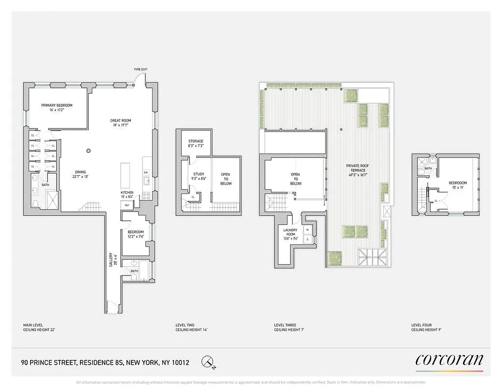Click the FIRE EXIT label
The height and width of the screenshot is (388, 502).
click(141, 70)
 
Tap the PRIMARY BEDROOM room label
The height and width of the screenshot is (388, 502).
click(57, 105)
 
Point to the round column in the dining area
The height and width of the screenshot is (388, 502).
click(89, 151)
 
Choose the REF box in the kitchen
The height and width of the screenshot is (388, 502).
click(127, 205)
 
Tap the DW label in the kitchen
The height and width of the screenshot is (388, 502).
click(146, 173)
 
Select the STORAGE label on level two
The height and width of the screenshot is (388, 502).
click(196, 141)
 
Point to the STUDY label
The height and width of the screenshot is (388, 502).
click(199, 174)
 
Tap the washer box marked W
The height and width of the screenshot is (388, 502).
click(307, 230)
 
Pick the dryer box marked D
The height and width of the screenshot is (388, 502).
click(307, 240)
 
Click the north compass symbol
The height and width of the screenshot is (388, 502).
click(209, 361)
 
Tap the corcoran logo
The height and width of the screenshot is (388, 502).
click(449, 360)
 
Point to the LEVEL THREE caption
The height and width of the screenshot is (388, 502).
click(285, 325)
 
